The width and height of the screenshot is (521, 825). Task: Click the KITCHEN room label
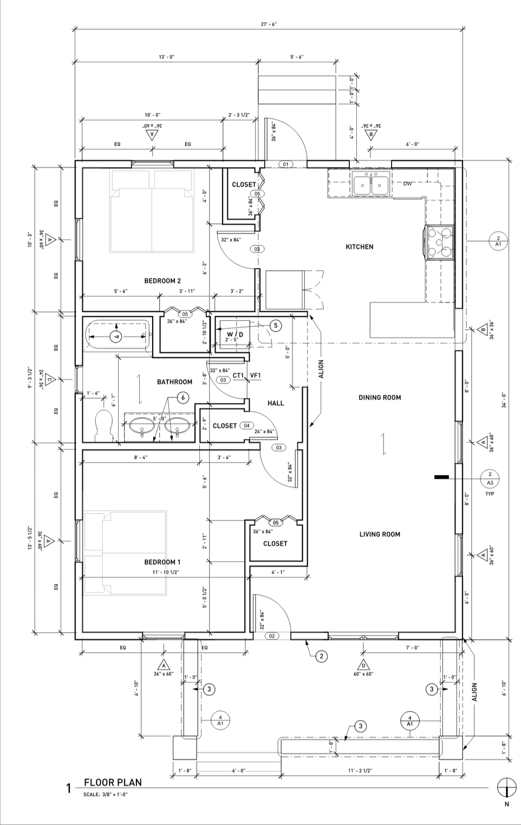tap(359, 247)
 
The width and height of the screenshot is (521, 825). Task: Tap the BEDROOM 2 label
tap(162, 281)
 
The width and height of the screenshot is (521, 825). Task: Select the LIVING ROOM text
tap(380, 534)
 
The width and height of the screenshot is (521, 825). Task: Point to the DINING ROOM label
tap(380, 398)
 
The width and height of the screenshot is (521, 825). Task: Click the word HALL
tap(276, 403)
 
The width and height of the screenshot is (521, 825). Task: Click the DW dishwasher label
tap(407, 184)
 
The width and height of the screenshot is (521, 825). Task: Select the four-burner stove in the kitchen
tap(439, 242)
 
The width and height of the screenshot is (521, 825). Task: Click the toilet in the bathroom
tap(102, 425)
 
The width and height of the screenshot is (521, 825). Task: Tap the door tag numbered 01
tap(285, 164)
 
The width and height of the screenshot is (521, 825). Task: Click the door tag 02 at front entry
tap(271, 636)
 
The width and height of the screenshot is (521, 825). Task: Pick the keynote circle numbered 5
tap(276, 326)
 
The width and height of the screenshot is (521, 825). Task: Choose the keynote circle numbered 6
tap(183, 398)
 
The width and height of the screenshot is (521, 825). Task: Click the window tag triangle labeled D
tap(363, 665)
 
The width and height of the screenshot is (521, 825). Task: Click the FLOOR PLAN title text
tap(113, 782)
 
